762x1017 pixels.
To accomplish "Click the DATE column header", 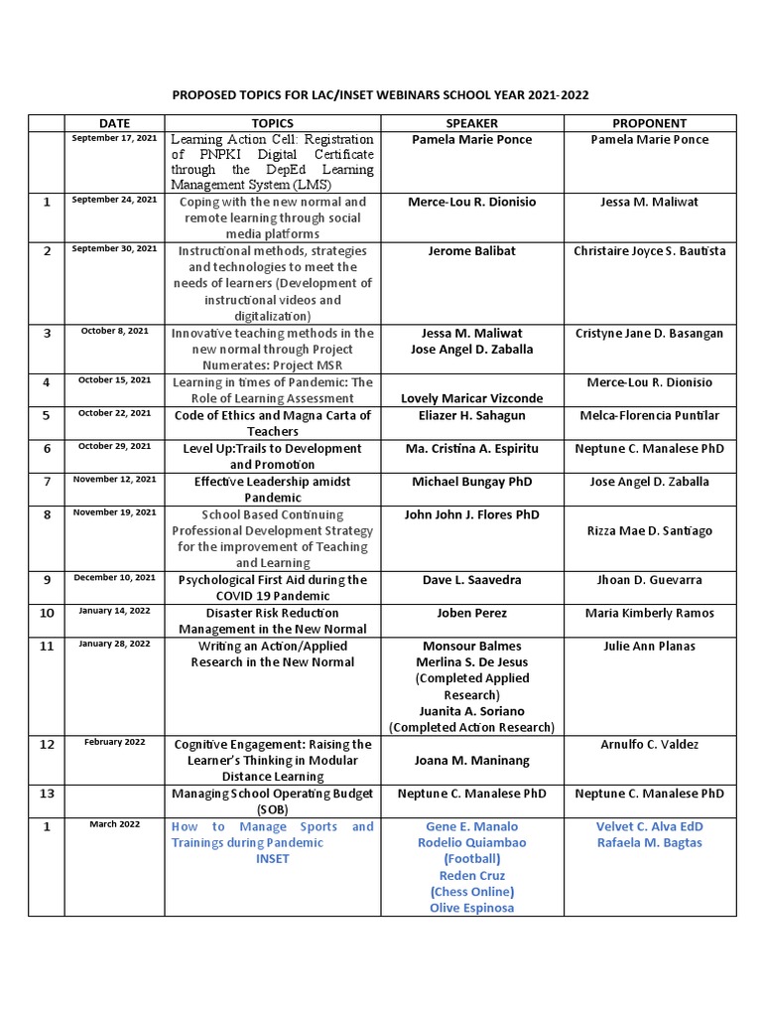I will [115, 123].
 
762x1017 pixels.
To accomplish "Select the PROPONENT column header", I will [649, 123].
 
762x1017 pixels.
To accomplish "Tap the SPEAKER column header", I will [471, 123].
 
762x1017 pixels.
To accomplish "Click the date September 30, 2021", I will [115, 249].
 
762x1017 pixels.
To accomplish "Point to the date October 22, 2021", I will [115, 414].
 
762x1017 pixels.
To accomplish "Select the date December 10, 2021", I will [115, 578].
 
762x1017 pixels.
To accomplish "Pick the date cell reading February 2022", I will [115, 742].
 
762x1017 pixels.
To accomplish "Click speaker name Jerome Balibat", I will [471, 251].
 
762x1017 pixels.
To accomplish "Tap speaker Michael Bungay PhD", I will [471, 482].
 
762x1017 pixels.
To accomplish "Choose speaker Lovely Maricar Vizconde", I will [471, 398].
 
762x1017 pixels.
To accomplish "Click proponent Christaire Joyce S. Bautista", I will [649, 251].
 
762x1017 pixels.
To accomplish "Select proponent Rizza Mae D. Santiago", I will [649, 531].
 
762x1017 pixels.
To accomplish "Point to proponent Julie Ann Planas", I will [649, 646].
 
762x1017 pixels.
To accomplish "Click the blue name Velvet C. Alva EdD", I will [649, 826].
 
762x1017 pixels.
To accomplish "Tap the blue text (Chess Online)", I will [471, 891].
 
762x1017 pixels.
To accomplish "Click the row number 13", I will [46, 794].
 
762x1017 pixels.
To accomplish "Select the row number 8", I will [46, 514].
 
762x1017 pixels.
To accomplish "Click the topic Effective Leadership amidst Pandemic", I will [272, 490].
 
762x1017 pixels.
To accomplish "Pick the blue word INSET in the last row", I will [272, 858].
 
